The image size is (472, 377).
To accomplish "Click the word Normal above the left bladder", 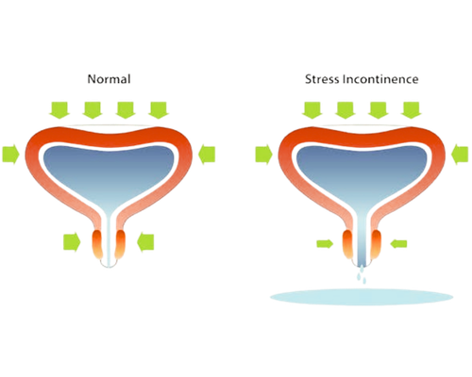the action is [109, 79].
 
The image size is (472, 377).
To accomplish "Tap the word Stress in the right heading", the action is [322, 79].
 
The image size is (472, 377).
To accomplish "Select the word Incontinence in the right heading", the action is [380, 79].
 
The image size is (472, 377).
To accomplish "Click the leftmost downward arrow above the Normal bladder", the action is [59, 110].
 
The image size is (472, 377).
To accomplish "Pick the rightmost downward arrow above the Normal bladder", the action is [159, 110].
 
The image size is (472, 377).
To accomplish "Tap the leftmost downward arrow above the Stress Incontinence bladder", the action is [312, 110].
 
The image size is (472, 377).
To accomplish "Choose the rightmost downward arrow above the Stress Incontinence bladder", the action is [412, 110].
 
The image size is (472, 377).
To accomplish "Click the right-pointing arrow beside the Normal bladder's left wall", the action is [11, 155].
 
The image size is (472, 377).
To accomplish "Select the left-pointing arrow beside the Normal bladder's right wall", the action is [207, 155].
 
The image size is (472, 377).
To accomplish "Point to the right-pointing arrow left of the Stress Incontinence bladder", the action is [264, 155].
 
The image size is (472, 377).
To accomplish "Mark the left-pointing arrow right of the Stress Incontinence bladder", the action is [460, 155].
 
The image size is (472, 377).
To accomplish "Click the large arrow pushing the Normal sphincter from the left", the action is [72, 242].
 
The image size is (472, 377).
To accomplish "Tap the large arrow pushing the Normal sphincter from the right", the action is [145, 242].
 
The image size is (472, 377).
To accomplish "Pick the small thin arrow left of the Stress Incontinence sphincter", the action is [325, 244].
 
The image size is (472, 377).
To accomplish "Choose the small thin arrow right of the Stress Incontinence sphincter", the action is [398, 244].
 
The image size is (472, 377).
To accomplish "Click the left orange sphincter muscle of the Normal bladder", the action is [97, 244].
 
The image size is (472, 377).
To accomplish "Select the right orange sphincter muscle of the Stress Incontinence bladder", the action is [377, 244].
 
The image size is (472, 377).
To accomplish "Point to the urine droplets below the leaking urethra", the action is [362, 275].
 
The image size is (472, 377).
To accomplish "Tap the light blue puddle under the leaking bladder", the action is [362, 297].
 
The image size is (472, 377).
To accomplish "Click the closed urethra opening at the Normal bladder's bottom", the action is [109, 266].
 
